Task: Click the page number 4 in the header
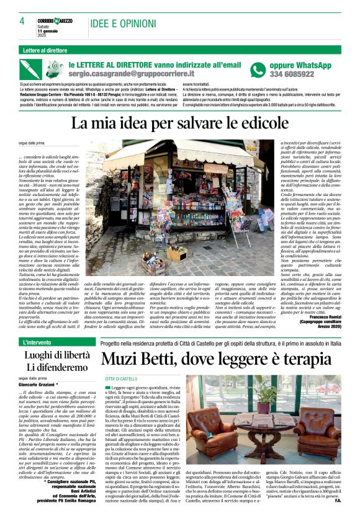(x=22, y=21)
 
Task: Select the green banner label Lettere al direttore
(x=45, y=50)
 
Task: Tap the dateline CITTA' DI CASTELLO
(x=121, y=378)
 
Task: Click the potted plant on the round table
(x=268, y=395)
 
